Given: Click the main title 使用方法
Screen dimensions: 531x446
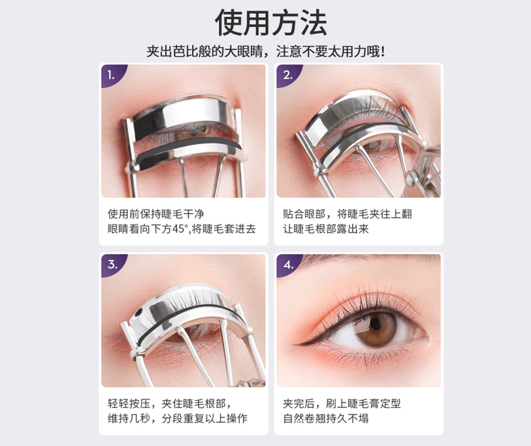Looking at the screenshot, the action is coord(271,22).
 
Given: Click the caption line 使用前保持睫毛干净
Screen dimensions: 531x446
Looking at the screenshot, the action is coord(156,214).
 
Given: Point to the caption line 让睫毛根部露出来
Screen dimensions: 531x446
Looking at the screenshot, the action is coord(326,229).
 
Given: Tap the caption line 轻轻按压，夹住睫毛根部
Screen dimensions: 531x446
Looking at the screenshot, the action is coord(169,404).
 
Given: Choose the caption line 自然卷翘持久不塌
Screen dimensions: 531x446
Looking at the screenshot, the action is coord(326,419).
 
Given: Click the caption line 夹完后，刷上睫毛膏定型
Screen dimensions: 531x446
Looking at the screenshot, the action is coord(342,404).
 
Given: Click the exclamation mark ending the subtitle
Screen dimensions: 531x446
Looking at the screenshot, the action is coord(383,52).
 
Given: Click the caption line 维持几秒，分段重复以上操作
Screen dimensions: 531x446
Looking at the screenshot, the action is coord(178,419).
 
